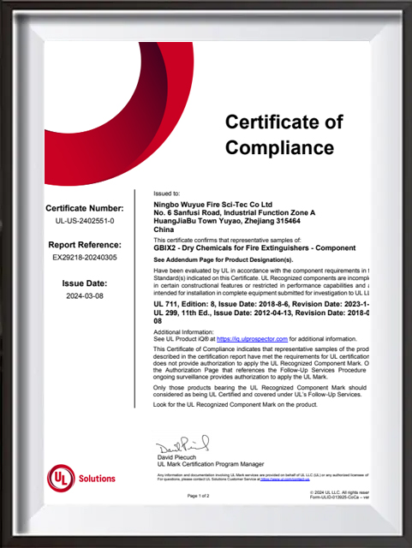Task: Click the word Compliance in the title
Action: coord(279,147)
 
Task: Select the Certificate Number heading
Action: coord(84,208)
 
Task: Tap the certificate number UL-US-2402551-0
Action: coord(84,221)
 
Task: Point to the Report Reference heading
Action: coord(84,243)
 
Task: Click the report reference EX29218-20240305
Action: coord(84,256)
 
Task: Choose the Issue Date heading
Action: coord(84,283)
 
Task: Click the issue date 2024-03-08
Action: coord(84,295)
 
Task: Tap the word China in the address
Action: coord(163,230)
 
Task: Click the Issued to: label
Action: coord(166,194)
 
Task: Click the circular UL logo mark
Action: coord(61,478)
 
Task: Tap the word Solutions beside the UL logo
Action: coord(97,479)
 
